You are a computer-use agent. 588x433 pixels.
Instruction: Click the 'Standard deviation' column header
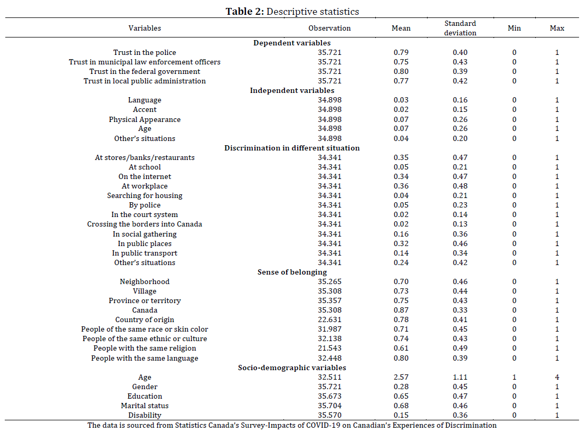click(460, 28)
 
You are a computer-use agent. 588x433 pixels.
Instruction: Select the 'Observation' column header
click(329, 28)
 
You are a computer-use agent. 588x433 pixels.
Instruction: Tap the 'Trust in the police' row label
click(145, 52)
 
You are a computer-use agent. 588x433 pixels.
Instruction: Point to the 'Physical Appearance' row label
click(145, 119)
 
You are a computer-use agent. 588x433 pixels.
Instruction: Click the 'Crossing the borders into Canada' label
click(145, 224)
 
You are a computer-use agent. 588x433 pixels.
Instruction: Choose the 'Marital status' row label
click(145, 406)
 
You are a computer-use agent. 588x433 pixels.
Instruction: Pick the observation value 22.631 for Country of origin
click(329, 319)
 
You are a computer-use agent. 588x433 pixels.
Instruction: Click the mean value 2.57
click(401, 377)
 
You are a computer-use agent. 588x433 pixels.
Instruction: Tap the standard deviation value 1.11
click(460, 377)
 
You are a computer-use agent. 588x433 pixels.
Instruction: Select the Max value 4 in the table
click(557, 377)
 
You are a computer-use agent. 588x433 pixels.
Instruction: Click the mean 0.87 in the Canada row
click(401, 310)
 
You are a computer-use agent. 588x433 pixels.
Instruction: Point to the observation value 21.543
click(329, 348)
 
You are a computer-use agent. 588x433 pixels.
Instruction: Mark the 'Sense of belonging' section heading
click(292, 272)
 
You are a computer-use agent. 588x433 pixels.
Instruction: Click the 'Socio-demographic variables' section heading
click(292, 368)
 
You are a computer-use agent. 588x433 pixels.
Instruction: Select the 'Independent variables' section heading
click(292, 90)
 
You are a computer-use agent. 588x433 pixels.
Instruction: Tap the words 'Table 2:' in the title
click(245, 12)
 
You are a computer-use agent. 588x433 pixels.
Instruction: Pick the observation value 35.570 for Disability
click(329, 416)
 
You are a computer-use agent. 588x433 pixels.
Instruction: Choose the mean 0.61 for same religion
click(401, 348)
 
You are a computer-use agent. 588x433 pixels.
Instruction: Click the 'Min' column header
click(514, 28)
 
